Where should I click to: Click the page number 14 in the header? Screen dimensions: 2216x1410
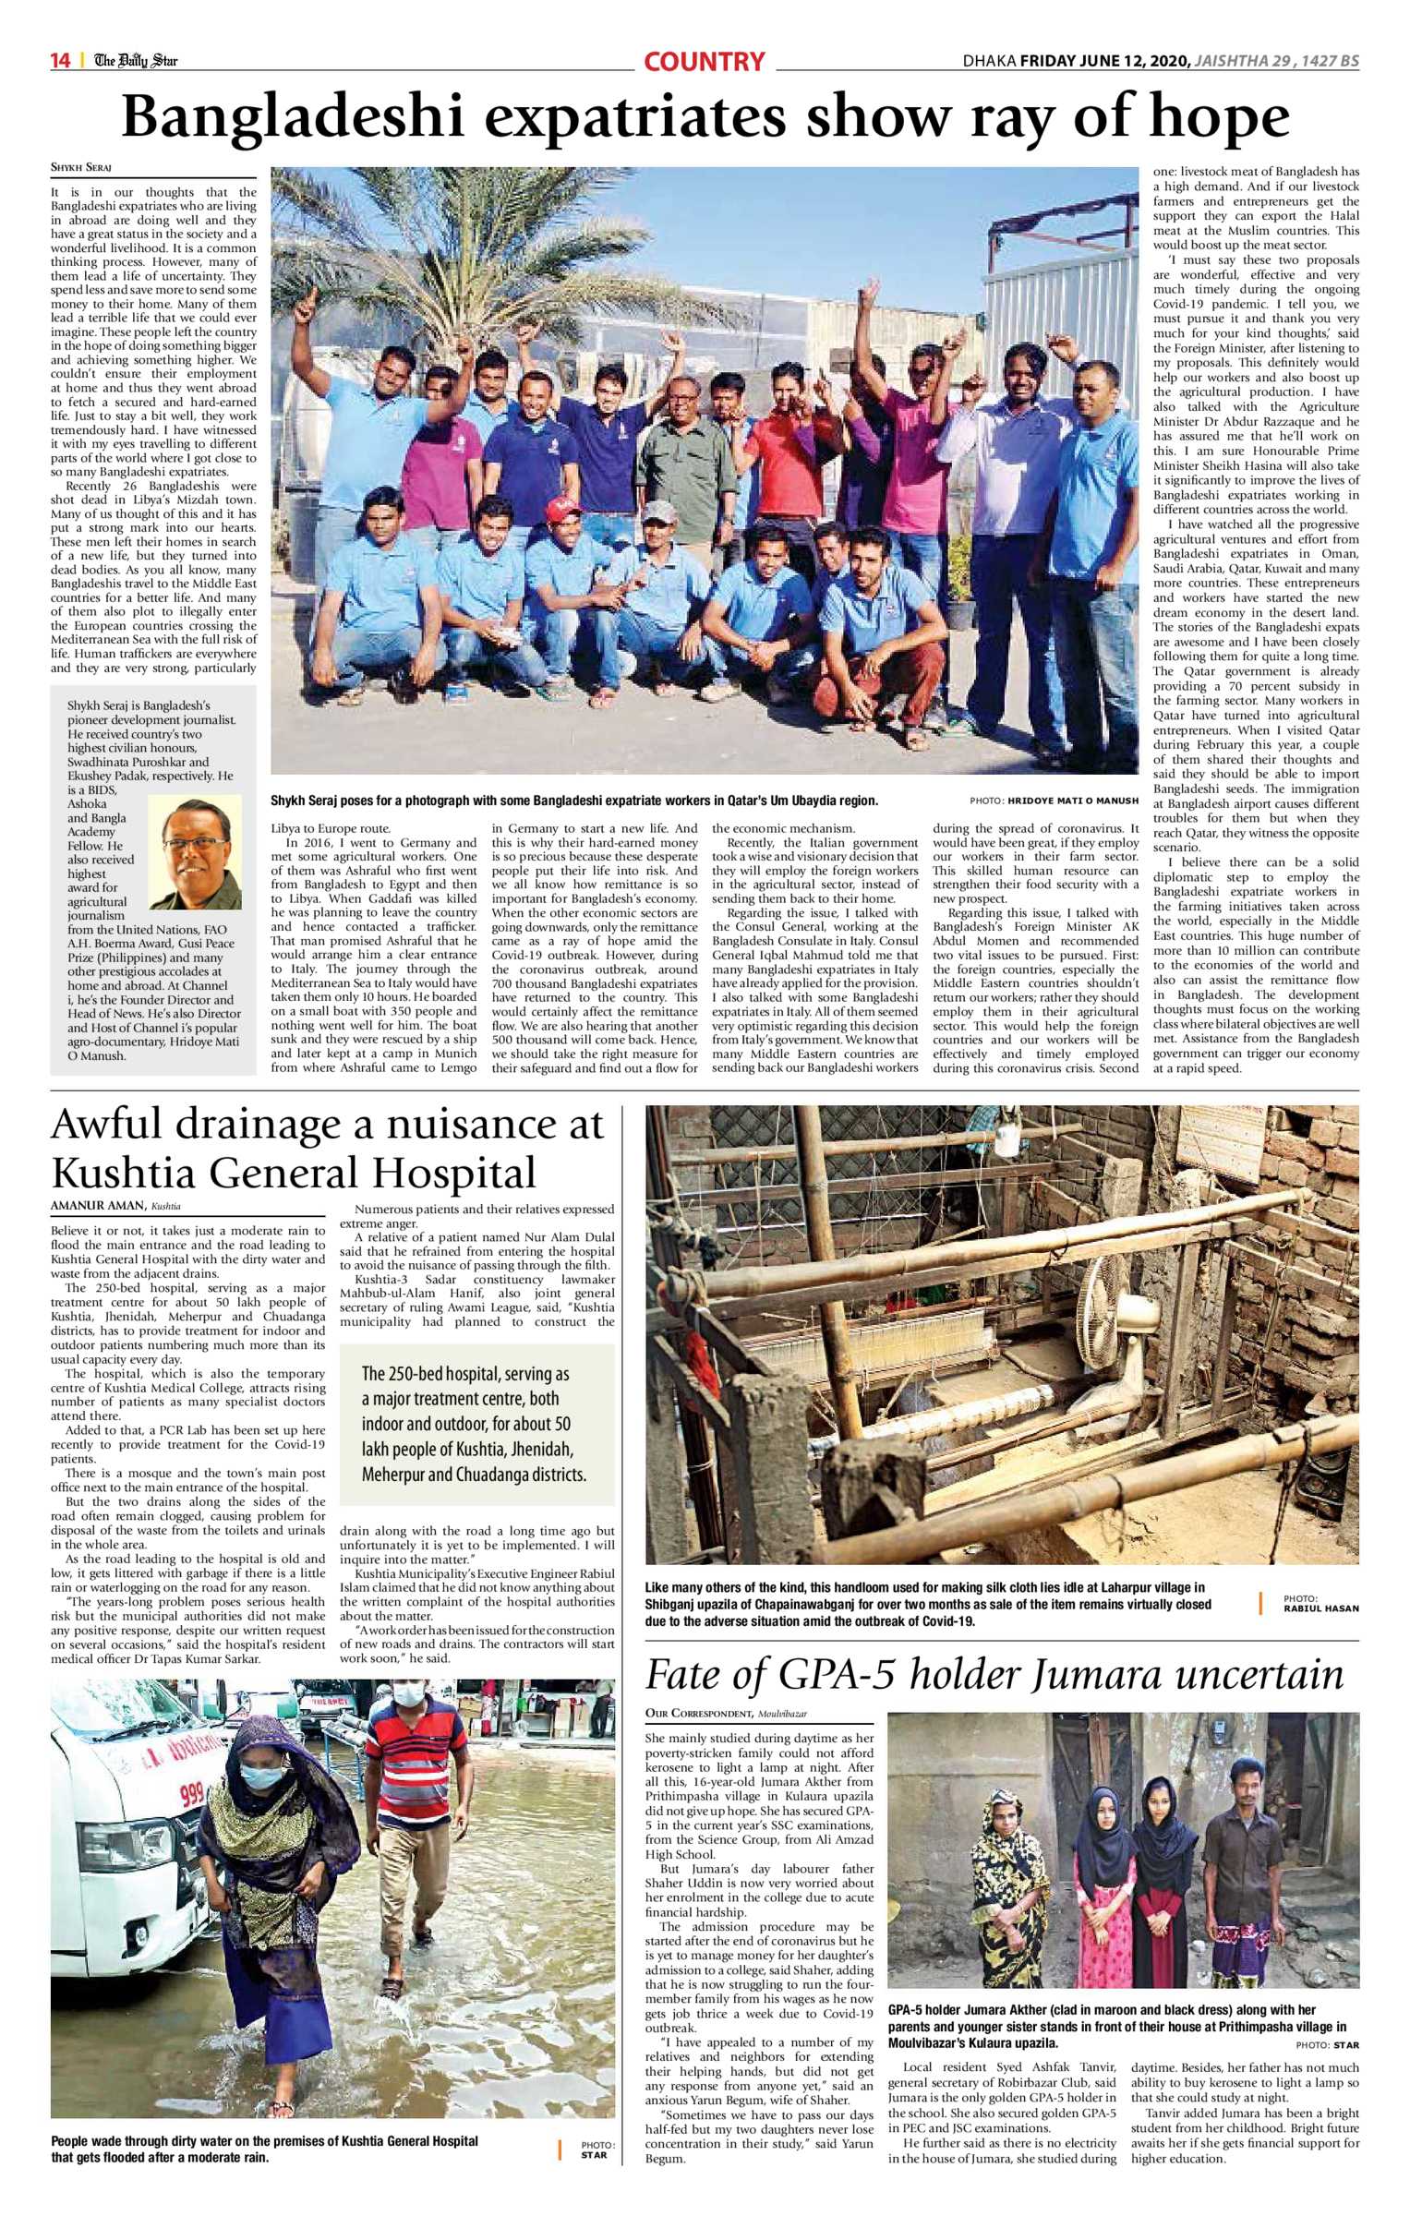pyautogui.click(x=60, y=61)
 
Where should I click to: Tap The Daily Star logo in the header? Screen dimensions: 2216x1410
pyautogui.click(x=136, y=61)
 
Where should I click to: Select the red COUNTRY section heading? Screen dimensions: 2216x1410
pyautogui.click(x=704, y=62)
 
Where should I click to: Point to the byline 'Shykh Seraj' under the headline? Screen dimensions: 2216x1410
pyautogui.click(x=80, y=168)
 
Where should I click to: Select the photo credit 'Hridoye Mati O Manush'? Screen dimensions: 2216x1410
pyautogui.click(x=1072, y=801)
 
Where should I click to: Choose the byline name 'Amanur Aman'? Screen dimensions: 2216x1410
pyautogui.click(x=98, y=1205)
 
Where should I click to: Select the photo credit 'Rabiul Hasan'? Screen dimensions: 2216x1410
pyautogui.click(x=1320, y=1608)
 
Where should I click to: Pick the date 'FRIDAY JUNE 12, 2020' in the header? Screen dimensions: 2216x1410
pyautogui.click(x=1104, y=62)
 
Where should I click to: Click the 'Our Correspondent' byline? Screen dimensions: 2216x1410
pyautogui.click(x=698, y=1714)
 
